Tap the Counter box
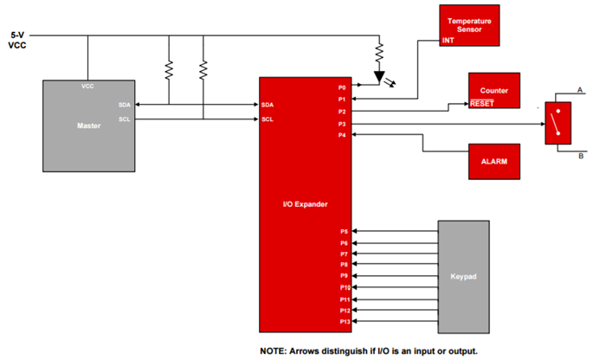pyautogui.click(x=494, y=91)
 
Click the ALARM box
pyautogui.click(x=493, y=161)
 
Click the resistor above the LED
pyautogui.click(x=379, y=55)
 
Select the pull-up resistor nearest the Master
pyautogui.click(x=170, y=68)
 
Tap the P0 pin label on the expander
pyautogui.click(x=342, y=87)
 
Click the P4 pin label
pyautogui.click(x=342, y=135)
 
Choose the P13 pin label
pyautogui.click(x=344, y=321)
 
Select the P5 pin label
pyautogui.click(x=343, y=231)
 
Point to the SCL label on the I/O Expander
pyautogui.click(x=268, y=119)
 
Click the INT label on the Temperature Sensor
pyautogui.click(x=448, y=40)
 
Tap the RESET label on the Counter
pyautogui.click(x=481, y=103)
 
